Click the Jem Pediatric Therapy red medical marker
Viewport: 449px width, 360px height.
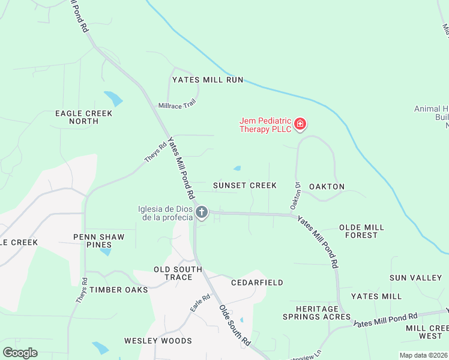[300, 125]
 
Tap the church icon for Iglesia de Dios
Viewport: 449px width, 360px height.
[202, 212]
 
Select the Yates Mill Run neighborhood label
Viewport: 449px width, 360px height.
[207, 79]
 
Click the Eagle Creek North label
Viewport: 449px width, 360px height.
[76, 117]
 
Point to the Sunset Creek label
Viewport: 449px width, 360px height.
[245, 185]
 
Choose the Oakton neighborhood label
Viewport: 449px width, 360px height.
[327, 187]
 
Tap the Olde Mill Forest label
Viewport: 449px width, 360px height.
[361, 231]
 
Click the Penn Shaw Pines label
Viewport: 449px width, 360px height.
[99, 241]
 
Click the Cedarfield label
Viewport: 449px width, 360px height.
[258, 282]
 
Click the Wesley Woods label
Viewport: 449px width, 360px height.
[158, 341]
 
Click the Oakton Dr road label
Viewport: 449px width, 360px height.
[295, 196]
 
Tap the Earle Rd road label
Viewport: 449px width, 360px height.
[200, 302]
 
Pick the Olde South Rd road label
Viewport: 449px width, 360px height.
[234, 326]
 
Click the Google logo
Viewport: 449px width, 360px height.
[20, 353]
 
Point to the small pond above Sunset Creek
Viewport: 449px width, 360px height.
[237, 168]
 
